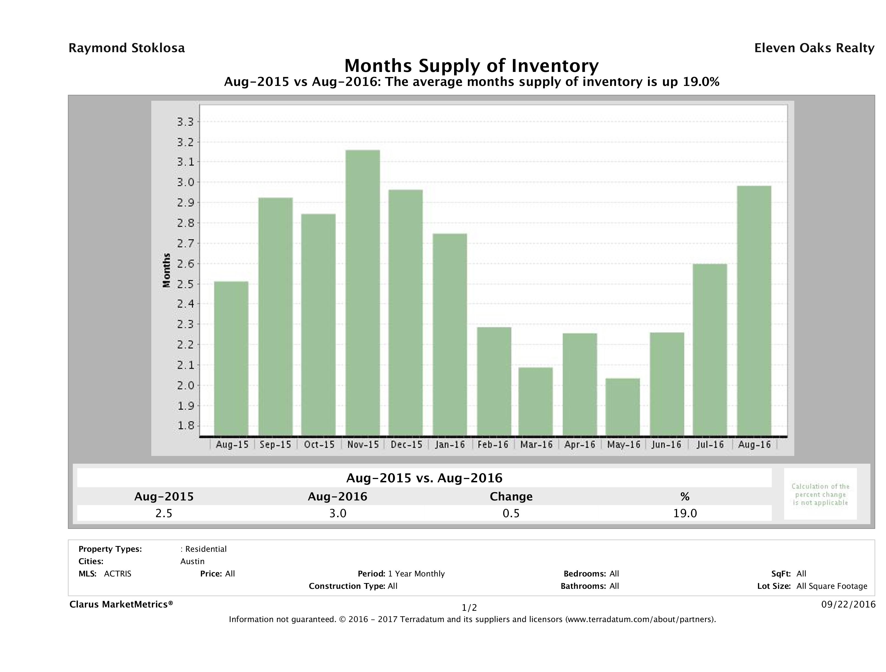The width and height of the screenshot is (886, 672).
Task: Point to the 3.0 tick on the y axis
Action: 185,183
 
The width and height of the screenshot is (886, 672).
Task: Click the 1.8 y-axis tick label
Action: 185,426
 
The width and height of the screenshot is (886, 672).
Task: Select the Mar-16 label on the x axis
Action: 536,444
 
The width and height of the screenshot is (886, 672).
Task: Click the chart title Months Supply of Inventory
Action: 471,66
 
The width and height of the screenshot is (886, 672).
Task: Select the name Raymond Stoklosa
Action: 127,48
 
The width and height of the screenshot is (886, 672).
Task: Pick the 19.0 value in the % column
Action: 685,513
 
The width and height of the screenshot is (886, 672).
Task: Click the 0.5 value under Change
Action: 511,513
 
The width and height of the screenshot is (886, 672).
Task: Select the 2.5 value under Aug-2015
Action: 164,513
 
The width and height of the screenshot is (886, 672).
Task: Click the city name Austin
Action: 192,561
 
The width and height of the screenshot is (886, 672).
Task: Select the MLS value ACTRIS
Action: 117,574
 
